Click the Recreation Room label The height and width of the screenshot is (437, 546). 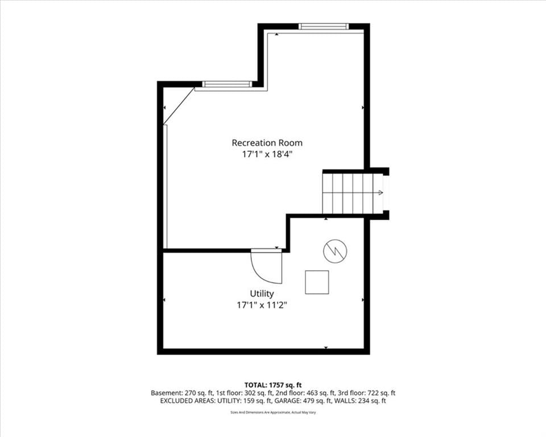(267, 143)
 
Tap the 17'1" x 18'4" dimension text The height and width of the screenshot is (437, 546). (267, 154)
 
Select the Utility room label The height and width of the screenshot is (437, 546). (262, 294)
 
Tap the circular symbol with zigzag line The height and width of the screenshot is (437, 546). (336, 251)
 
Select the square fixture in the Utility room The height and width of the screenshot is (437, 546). (317, 282)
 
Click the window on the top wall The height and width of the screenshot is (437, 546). (324, 26)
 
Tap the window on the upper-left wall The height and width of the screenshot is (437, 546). (227, 84)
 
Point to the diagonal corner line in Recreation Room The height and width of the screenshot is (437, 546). (179, 106)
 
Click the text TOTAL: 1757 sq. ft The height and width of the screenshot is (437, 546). (273, 385)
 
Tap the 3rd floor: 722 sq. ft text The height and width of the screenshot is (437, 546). (367, 393)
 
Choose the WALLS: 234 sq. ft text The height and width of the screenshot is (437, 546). (360, 401)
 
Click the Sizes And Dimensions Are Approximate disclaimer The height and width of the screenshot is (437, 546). (273, 413)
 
